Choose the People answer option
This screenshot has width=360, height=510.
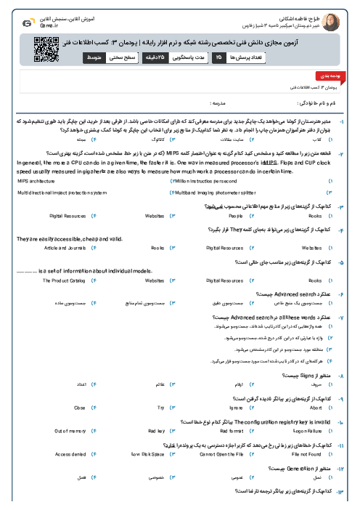coord(236,216)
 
